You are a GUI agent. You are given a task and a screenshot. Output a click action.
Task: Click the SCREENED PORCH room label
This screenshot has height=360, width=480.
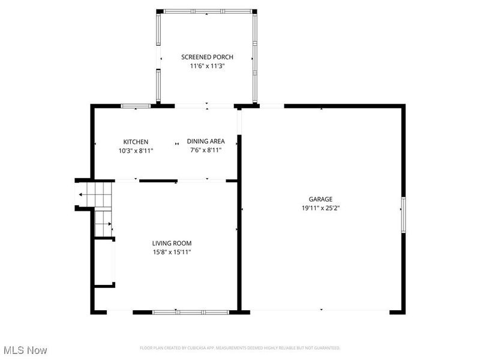pos(207,57)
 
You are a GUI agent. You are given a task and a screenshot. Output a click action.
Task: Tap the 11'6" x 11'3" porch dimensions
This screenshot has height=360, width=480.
pos(207,67)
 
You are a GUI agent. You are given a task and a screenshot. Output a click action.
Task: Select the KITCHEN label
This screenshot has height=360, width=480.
pos(136,142)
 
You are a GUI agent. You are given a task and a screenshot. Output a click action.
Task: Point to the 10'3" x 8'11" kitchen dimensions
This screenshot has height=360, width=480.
pos(136,151)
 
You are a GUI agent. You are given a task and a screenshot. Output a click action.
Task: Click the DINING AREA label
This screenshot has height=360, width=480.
pos(205,141)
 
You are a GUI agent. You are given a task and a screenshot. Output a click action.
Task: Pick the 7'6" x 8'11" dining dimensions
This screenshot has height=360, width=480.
pos(205,150)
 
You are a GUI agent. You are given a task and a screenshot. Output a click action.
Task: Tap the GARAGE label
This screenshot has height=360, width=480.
pos(320,199)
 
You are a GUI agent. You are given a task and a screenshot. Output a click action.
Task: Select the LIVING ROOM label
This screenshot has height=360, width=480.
pos(172,243)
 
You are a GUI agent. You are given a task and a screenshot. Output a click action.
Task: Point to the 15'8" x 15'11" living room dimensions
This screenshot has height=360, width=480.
pos(172,252)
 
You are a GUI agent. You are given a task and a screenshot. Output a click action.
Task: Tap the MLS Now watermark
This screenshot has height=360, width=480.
pos(25,349)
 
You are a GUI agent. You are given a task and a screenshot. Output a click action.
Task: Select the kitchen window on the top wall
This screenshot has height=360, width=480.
pos(136,106)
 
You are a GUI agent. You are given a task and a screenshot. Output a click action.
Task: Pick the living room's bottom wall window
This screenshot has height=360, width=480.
pos(190,311)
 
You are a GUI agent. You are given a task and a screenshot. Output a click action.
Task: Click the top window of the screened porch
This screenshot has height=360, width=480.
pos(207,11)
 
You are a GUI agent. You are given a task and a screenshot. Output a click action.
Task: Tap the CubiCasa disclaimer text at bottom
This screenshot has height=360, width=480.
pos(240,348)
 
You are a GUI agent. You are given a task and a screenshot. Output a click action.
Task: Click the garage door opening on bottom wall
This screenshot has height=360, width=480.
pos(320,311)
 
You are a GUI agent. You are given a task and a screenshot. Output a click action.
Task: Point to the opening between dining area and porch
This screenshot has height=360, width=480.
pos(206,106)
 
